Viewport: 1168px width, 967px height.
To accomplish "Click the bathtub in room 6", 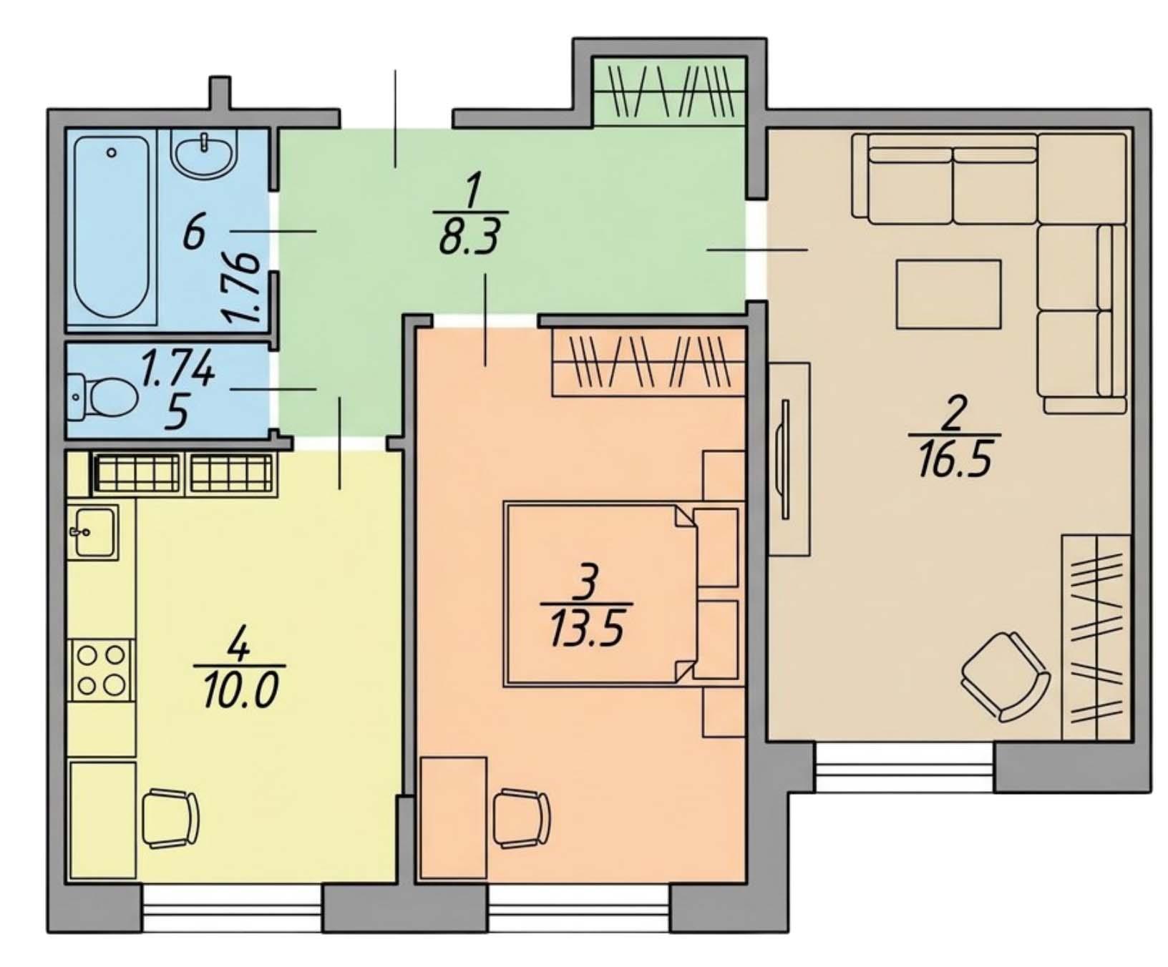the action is pyautogui.click(x=112, y=228).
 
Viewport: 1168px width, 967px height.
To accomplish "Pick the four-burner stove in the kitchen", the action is pyautogui.click(x=101, y=670).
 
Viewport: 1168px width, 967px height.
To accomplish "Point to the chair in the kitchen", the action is pyautogui.click(x=170, y=818).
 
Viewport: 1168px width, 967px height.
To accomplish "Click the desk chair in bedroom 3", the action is pyautogui.click(x=522, y=818).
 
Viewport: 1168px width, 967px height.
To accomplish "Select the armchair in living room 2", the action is pyautogui.click(x=1005, y=676).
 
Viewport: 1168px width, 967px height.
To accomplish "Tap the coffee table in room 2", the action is pyautogui.click(x=948, y=294).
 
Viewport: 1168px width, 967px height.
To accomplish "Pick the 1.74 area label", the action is pyautogui.click(x=177, y=370).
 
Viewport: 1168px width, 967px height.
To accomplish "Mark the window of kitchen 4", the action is pyautogui.click(x=232, y=908).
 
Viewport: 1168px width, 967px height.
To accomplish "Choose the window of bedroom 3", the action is pyautogui.click(x=579, y=908).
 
